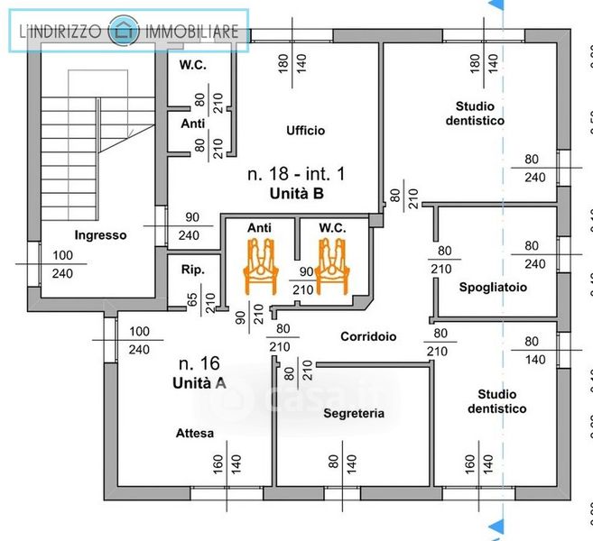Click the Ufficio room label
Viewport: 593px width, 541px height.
[305, 131]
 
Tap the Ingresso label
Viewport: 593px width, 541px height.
[100, 234]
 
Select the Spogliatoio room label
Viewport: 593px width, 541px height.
[492, 287]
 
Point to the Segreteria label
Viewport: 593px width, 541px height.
[354, 413]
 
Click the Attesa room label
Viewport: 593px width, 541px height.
[195, 434]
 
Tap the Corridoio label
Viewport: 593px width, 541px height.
[368, 336]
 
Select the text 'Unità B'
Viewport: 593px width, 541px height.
[296, 193]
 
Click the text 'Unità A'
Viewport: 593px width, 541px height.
[198, 383]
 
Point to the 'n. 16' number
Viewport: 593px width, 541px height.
[199, 364]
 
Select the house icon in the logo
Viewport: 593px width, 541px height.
[124, 32]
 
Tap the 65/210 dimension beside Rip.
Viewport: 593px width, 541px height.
[200, 300]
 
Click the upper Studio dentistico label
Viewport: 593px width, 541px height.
[475, 114]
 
